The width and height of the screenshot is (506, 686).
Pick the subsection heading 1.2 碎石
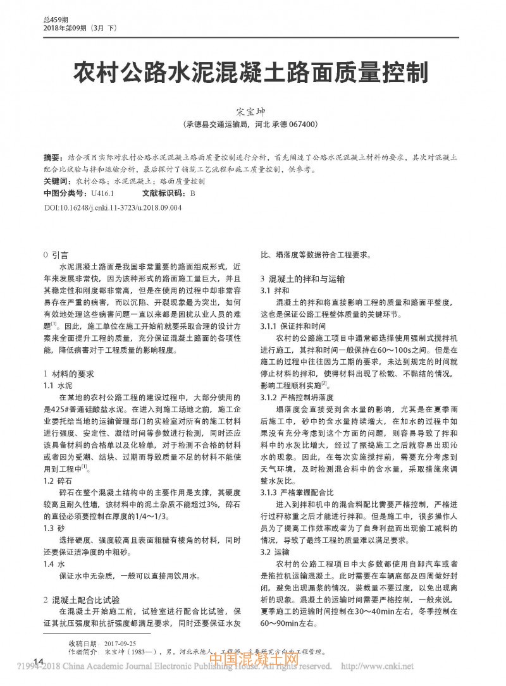pyautogui.click(x=57, y=481)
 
